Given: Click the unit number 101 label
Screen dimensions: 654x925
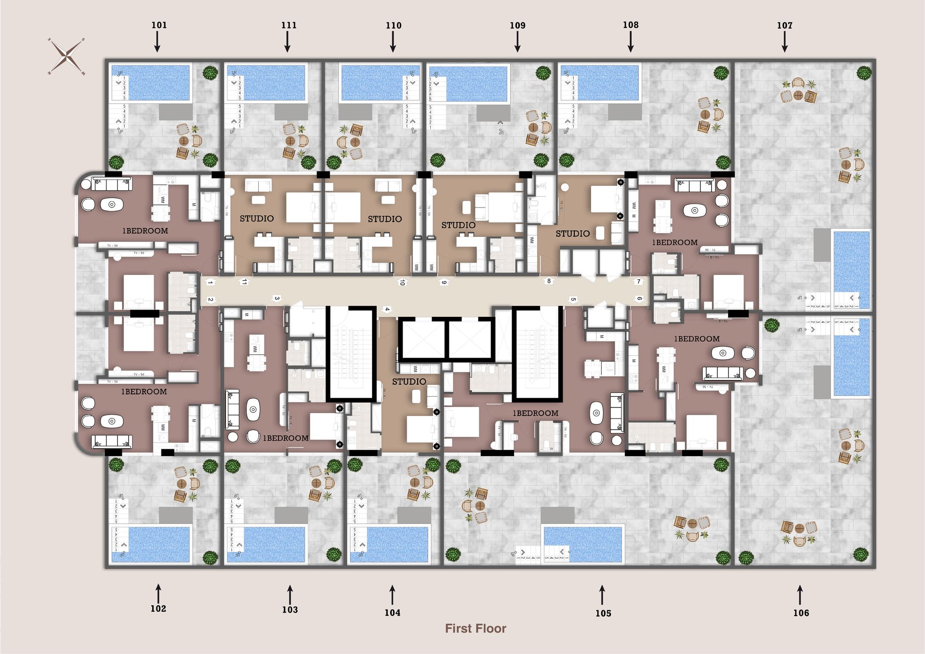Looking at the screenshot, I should pos(159,25).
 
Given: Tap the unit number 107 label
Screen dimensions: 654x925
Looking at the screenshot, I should pos(784,25).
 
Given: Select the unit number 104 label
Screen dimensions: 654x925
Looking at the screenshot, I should pos(392,613).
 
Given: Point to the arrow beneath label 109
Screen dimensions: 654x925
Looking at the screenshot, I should pos(517,42).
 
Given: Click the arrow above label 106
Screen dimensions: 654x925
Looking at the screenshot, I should pos(800,594).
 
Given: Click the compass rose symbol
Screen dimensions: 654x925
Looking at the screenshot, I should pos(66,56).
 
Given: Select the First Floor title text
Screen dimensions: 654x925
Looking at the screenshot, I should pos(476,628).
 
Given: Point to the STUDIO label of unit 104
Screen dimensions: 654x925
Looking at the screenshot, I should pos(409,381).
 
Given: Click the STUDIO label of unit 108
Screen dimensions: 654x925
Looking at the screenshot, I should pos(572,234).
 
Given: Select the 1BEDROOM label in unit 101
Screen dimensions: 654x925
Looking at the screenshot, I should pos(145,231).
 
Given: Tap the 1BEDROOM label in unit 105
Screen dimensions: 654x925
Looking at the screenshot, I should pos(535,413).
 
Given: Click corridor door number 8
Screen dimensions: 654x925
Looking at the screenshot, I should pos(549,281).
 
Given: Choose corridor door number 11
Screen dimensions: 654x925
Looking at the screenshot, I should pos(245,282).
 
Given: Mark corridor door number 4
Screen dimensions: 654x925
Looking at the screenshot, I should pos(386,309).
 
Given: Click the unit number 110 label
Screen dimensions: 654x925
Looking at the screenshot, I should pos(393,25).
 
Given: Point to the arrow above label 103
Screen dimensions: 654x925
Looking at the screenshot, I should pos(290,594).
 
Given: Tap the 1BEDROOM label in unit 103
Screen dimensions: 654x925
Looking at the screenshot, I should pos(285,438).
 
